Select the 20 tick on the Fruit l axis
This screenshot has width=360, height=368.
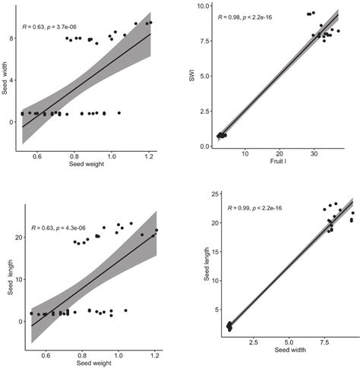pos(279,154)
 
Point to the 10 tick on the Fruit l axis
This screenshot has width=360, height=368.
pos(245,154)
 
